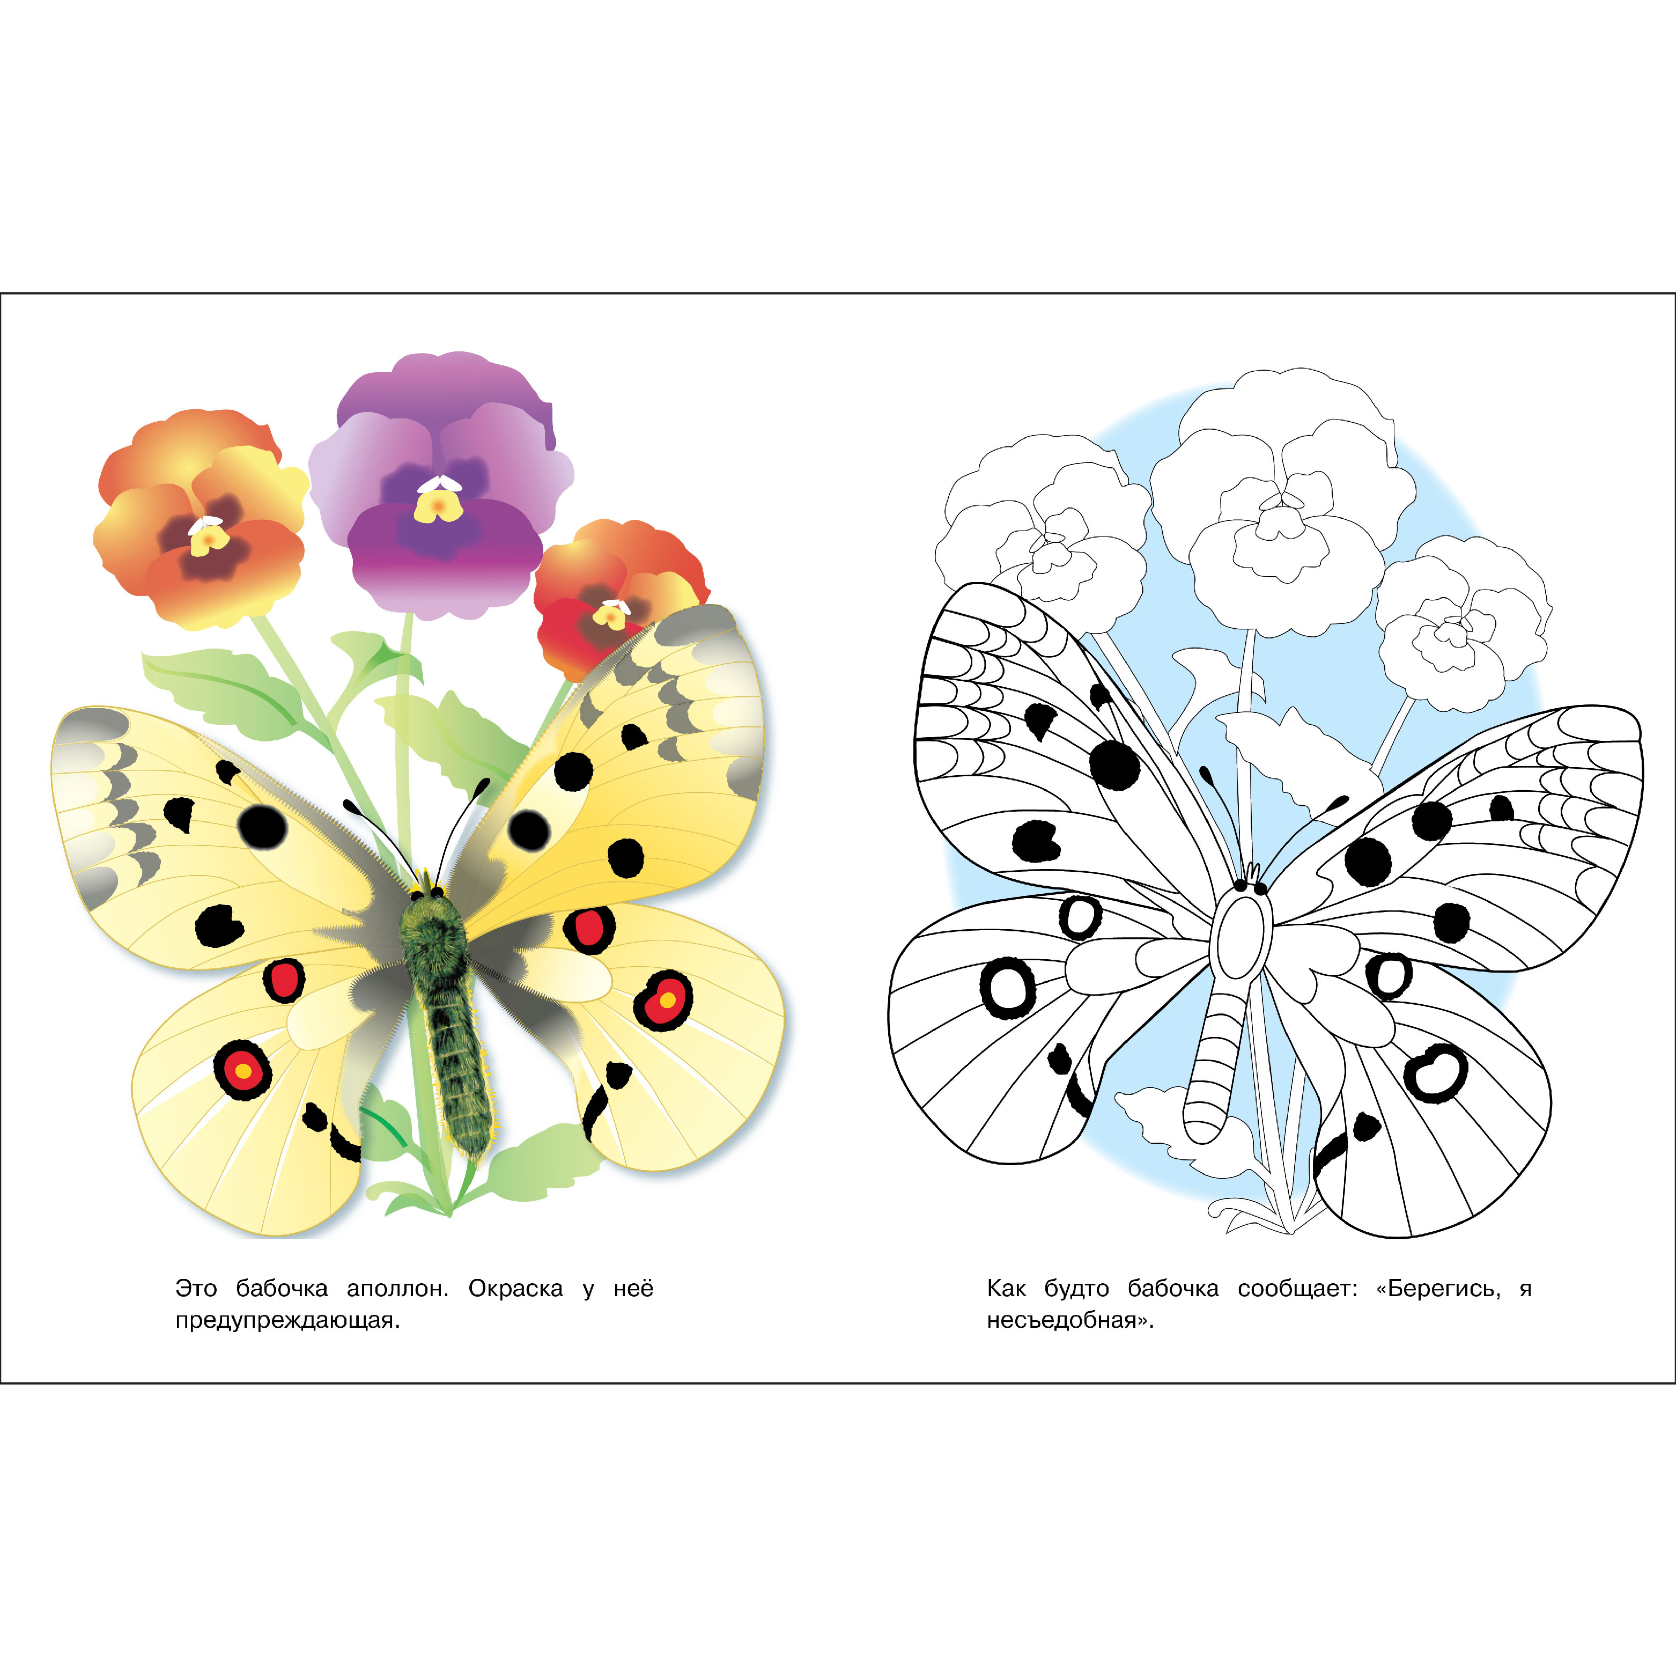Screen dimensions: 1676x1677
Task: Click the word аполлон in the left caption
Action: click(397, 1289)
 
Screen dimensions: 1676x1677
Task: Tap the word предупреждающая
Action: click(287, 1321)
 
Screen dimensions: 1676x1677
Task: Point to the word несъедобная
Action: click(1070, 1321)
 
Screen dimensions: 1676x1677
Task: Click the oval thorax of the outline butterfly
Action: click(1243, 937)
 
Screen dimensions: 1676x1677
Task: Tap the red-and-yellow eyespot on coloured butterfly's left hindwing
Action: click(243, 1070)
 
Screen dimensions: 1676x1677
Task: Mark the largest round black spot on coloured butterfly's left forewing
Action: click(262, 827)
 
